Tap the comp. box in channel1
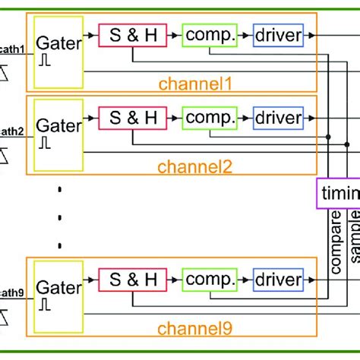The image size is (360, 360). pyautogui.click(x=210, y=34)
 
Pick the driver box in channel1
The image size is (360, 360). pyautogui.click(x=278, y=34)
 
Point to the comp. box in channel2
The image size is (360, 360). pyautogui.click(x=210, y=118)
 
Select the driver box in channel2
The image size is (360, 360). pyautogui.click(x=278, y=118)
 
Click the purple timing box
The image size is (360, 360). pyautogui.click(x=339, y=194)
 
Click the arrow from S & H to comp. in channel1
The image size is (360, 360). pyautogui.click(x=173, y=34)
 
